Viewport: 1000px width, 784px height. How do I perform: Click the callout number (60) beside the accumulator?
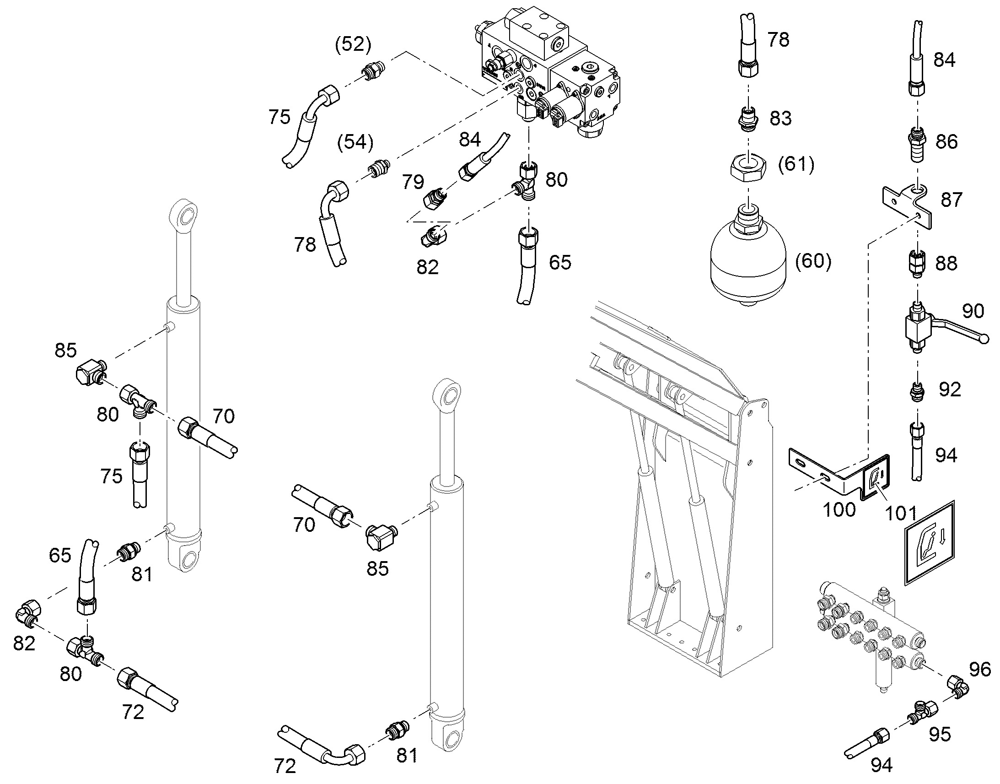(813, 261)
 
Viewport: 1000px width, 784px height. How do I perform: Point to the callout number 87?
(951, 200)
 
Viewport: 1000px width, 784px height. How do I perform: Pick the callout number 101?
(900, 513)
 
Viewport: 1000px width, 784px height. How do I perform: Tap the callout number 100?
(839, 509)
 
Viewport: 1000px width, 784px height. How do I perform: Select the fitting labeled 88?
(917, 264)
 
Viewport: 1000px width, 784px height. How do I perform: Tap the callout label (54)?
(355, 142)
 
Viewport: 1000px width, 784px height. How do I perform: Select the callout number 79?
(413, 182)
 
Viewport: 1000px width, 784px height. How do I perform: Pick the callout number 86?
(946, 141)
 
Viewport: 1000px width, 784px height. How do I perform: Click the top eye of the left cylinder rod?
(185, 214)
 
